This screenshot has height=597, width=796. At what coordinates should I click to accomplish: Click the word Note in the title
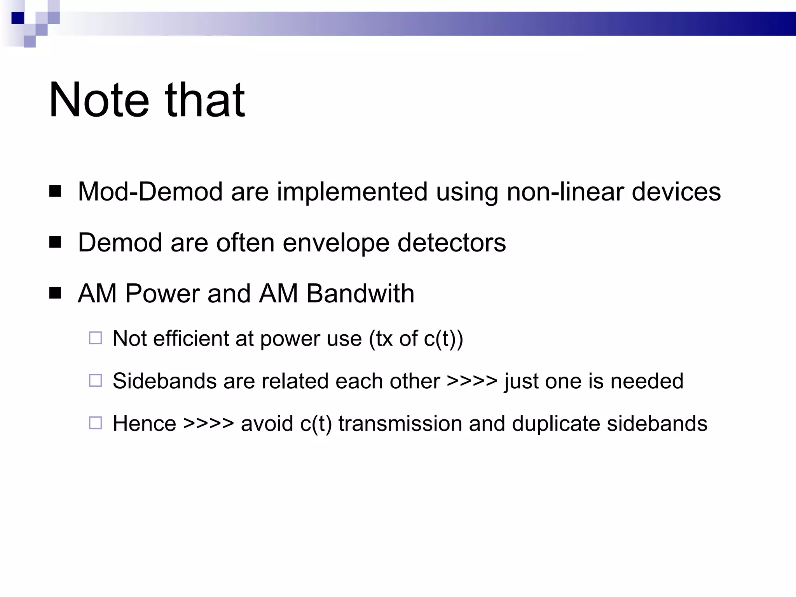99,100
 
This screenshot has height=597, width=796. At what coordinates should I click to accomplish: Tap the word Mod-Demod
151,192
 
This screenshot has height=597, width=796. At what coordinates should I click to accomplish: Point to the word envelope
336,243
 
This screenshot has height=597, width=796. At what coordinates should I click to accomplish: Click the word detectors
452,243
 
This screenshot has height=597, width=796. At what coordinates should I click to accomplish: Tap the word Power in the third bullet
162,293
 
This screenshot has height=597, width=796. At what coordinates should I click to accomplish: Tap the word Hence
144,423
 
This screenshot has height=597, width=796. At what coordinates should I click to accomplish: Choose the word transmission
400,423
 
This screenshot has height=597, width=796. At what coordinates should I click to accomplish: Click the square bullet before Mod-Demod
55,191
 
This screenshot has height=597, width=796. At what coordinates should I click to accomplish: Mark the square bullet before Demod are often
55,243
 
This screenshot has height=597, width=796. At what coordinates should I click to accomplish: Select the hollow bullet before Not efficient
95,338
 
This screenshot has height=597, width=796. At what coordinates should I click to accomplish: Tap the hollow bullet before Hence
95,423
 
